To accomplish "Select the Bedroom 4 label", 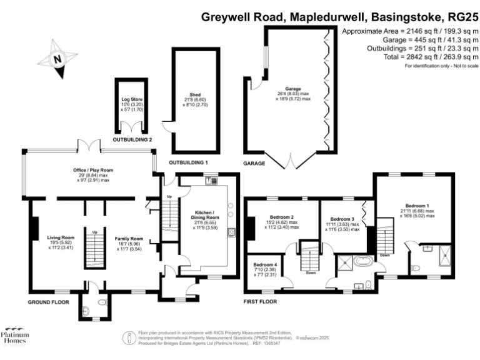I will pos(263,267).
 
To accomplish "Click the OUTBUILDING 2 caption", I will pos(132,139).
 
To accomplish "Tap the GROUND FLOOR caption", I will pos(49,302).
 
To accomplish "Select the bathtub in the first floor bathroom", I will pos(362,262).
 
